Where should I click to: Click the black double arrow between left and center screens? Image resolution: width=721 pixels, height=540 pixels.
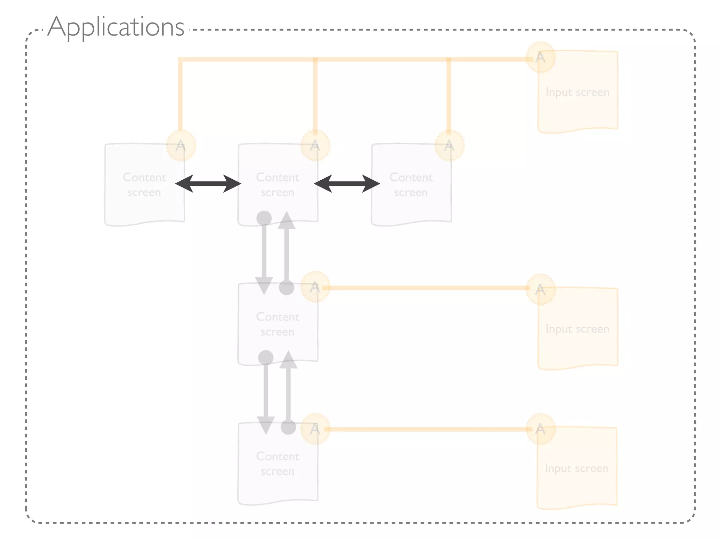pyautogui.click(x=208, y=184)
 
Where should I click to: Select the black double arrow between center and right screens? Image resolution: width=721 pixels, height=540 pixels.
pyautogui.click(x=347, y=184)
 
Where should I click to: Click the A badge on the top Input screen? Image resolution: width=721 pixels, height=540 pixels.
pyautogui.click(x=540, y=57)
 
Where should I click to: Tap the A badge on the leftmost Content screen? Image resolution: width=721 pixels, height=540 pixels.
pyautogui.click(x=181, y=146)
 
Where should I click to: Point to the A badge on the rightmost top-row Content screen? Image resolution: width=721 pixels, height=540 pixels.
pyautogui.click(x=449, y=146)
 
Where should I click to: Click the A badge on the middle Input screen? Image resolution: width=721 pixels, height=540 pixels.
pyautogui.click(x=540, y=289)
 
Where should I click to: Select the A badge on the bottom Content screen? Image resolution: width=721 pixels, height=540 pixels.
pyautogui.click(x=315, y=429)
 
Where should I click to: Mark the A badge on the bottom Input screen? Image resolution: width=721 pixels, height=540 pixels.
pyautogui.click(x=540, y=429)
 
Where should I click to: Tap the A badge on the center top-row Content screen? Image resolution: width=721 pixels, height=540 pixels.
pyautogui.click(x=315, y=146)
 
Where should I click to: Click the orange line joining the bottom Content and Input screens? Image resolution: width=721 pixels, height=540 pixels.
pyautogui.click(x=428, y=429)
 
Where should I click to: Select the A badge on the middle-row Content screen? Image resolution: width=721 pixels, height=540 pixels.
pyautogui.click(x=315, y=287)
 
